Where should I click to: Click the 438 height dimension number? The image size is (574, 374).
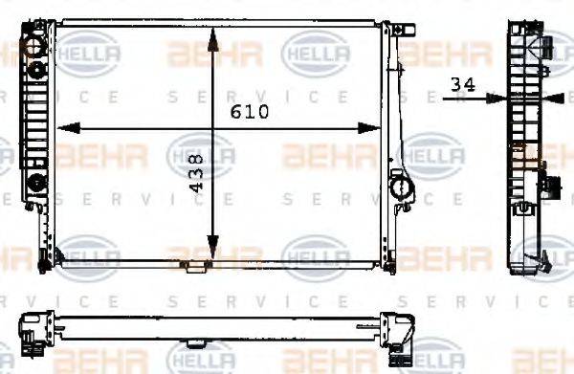pyautogui.click(x=196, y=175)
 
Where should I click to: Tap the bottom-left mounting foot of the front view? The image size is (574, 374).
pyautogui.click(x=43, y=258)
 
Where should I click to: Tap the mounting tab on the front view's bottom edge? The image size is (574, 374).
pyautogui.click(x=195, y=264)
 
